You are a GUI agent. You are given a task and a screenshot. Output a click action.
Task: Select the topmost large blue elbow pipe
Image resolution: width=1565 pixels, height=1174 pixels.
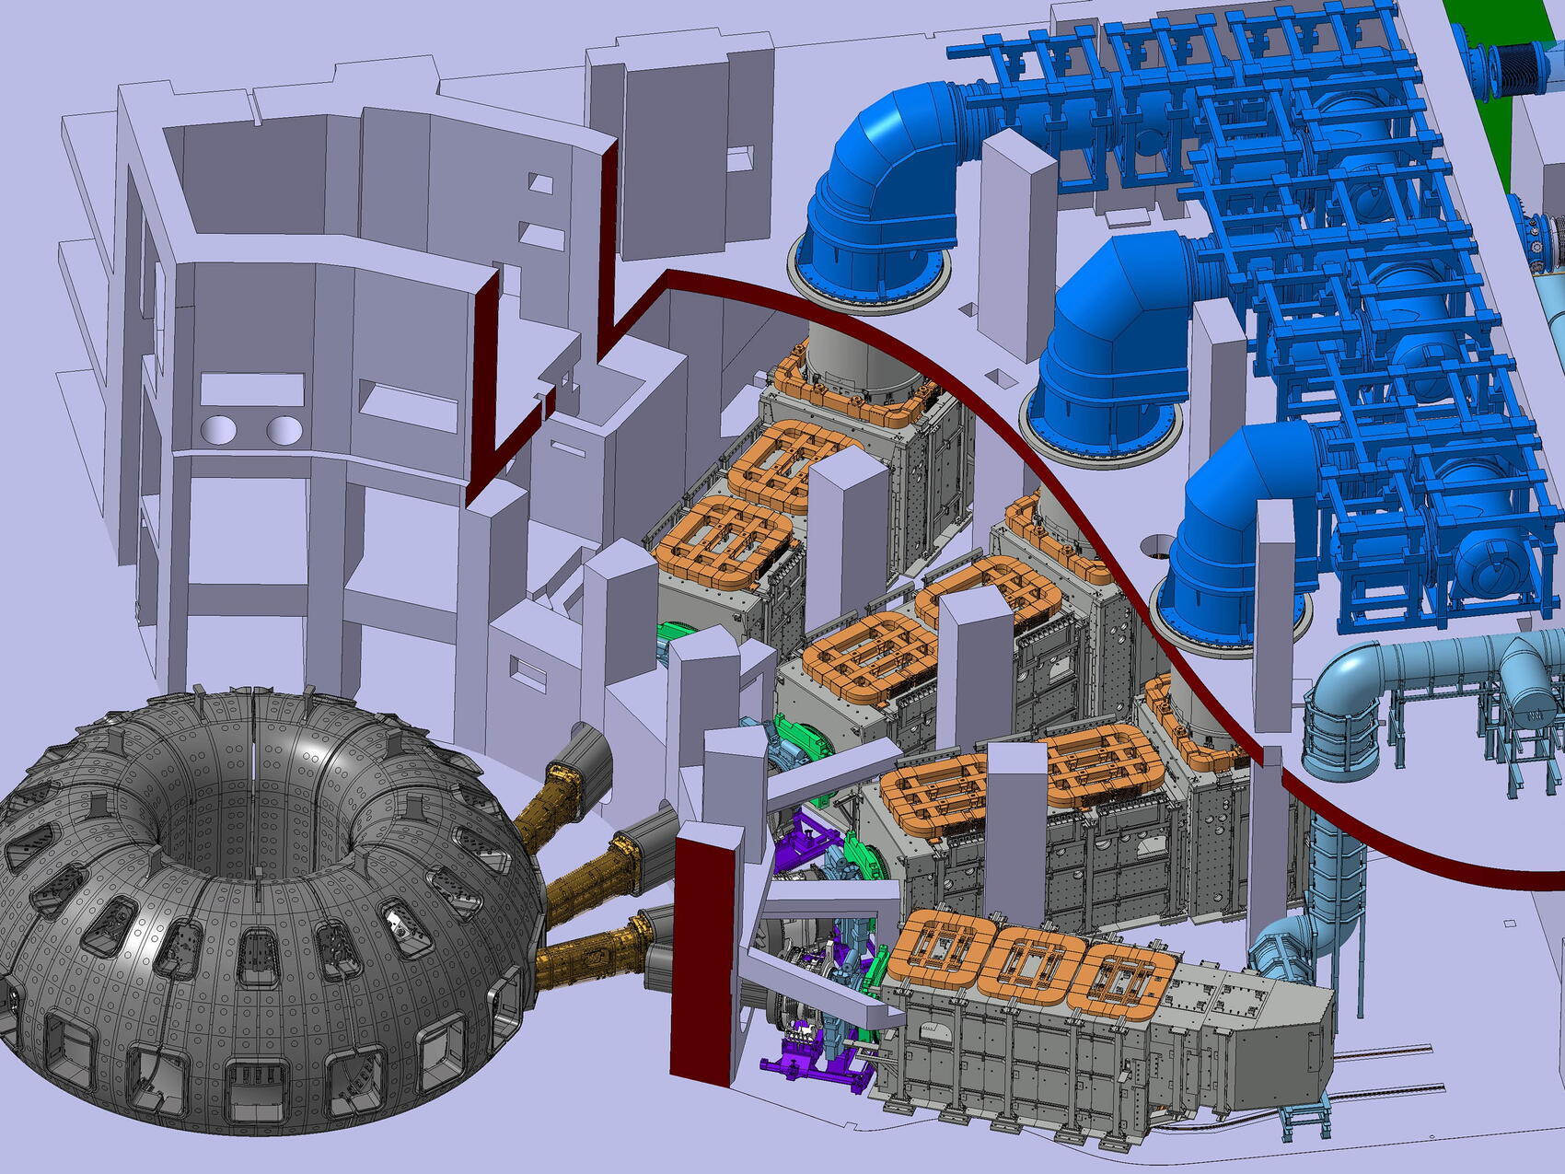pyautogui.click(x=884, y=175)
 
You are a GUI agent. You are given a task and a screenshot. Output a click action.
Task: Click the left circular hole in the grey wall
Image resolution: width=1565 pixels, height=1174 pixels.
pyautogui.click(x=219, y=429)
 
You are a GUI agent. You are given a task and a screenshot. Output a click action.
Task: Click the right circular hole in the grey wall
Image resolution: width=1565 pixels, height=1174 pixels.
pyautogui.click(x=284, y=429)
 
